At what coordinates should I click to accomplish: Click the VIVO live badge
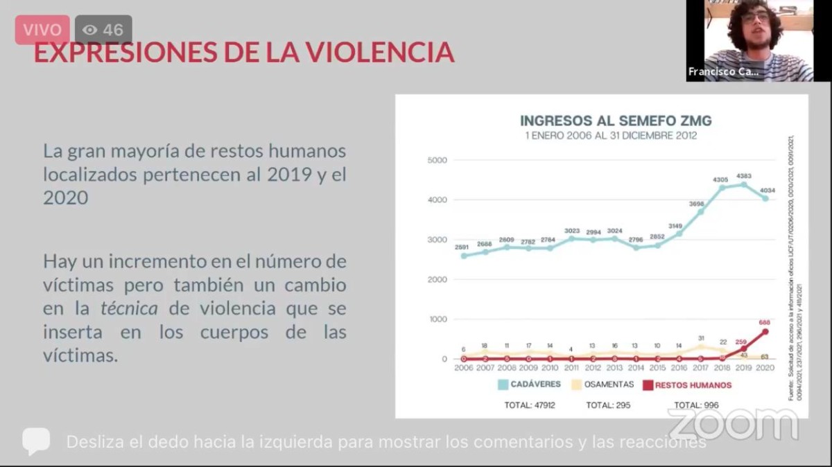42,30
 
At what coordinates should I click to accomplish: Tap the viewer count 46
103,30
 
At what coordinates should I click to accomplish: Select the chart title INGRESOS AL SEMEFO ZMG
616,121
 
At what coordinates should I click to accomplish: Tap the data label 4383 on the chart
741,175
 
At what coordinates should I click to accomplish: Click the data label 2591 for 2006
463,247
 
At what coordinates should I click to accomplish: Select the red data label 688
765,322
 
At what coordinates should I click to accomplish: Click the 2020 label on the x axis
763,368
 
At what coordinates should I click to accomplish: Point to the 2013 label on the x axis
614,368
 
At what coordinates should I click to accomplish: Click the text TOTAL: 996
696,405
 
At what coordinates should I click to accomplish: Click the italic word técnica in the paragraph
129,308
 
